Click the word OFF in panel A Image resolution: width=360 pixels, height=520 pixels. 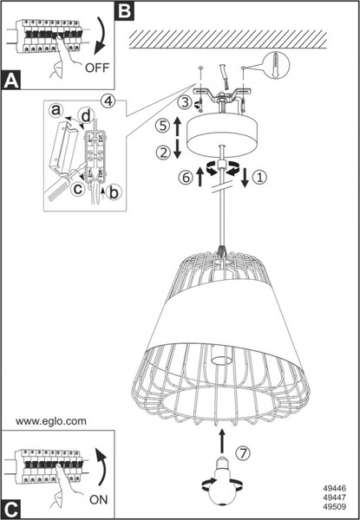pyautogui.click(x=97, y=68)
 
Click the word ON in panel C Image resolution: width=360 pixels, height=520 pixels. pyautogui.click(x=99, y=499)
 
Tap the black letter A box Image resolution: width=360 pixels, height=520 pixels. pyautogui.click(x=11, y=80)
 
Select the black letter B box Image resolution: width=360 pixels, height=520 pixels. pyautogui.click(x=124, y=10)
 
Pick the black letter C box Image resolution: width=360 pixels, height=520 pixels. pyautogui.click(x=11, y=509)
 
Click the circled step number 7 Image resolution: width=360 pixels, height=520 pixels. pyautogui.click(x=243, y=453)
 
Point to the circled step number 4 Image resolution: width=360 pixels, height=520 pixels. pyautogui.click(x=108, y=101)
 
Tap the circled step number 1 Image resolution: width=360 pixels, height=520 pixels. pyautogui.click(x=259, y=178)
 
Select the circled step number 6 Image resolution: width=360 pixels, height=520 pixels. pyautogui.click(x=186, y=178)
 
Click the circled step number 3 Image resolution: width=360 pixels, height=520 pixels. pyautogui.click(x=185, y=102)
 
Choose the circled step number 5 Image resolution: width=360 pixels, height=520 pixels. pyautogui.click(x=163, y=126)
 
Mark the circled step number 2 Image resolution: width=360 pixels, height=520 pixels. pyautogui.click(x=163, y=153)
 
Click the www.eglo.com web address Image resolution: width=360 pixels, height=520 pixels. pyautogui.click(x=51, y=421)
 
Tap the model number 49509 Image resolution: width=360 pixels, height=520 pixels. pyautogui.click(x=335, y=507)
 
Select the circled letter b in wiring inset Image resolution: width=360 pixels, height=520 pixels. pyautogui.click(x=114, y=192)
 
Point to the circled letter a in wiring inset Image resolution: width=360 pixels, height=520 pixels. pyautogui.click(x=56, y=109)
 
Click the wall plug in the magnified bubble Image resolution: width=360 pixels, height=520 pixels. pyautogui.click(x=275, y=65)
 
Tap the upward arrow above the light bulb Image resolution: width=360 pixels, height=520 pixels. pyautogui.click(x=222, y=441)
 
